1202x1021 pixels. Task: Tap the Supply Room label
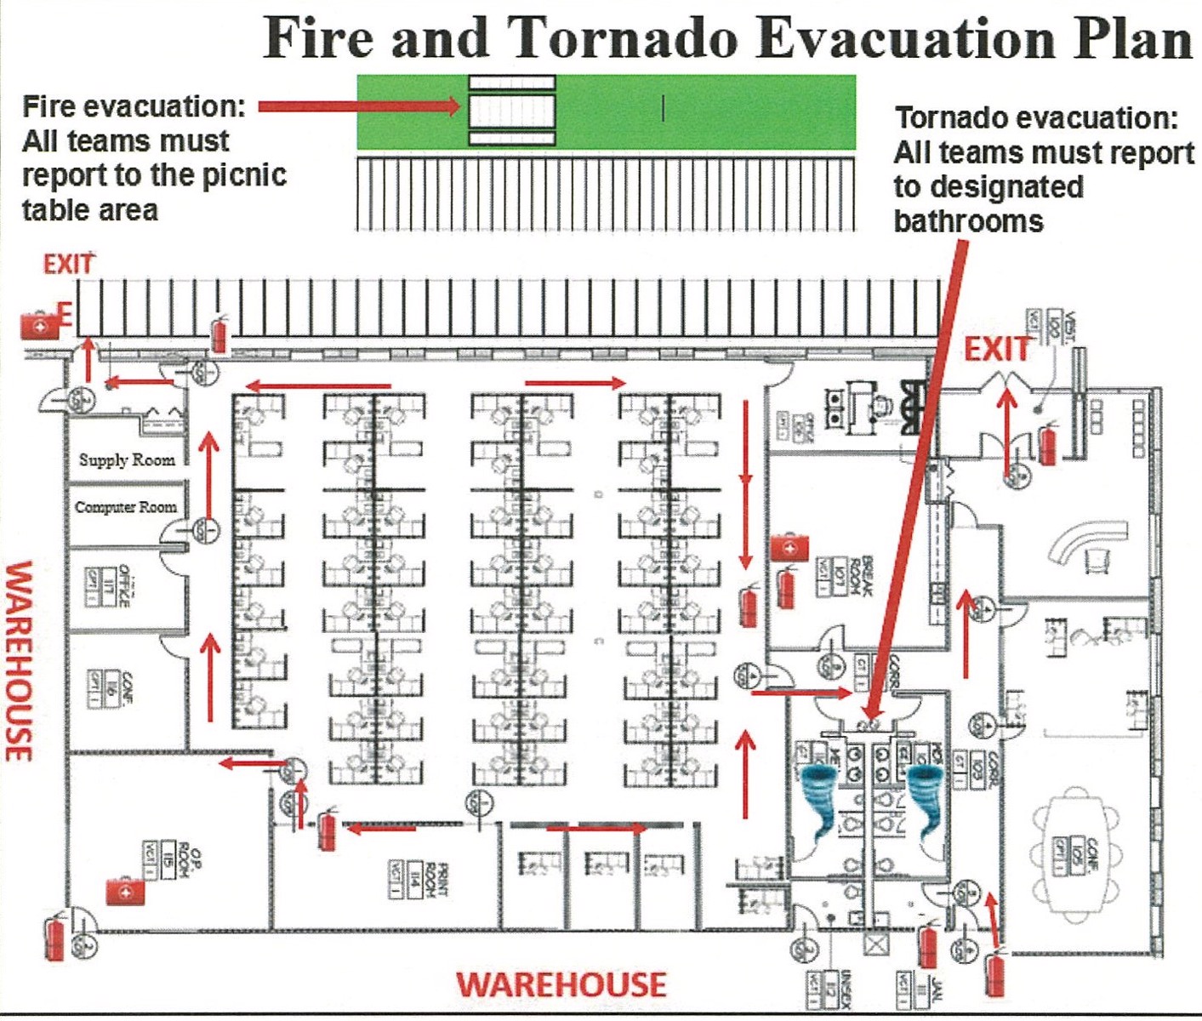(x=127, y=459)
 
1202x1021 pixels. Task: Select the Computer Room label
(x=126, y=507)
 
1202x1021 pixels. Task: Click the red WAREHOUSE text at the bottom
(x=561, y=984)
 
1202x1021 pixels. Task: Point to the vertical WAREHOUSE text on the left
(x=20, y=660)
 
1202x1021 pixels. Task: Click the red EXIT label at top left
(x=68, y=264)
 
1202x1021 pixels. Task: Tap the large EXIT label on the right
(x=996, y=349)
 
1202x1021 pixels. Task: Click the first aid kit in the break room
(x=789, y=547)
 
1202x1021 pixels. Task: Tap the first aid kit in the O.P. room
(x=125, y=890)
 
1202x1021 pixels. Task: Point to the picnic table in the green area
(x=512, y=110)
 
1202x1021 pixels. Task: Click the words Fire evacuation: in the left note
(x=134, y=106)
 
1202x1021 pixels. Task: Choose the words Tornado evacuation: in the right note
(x=1036, y=117)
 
